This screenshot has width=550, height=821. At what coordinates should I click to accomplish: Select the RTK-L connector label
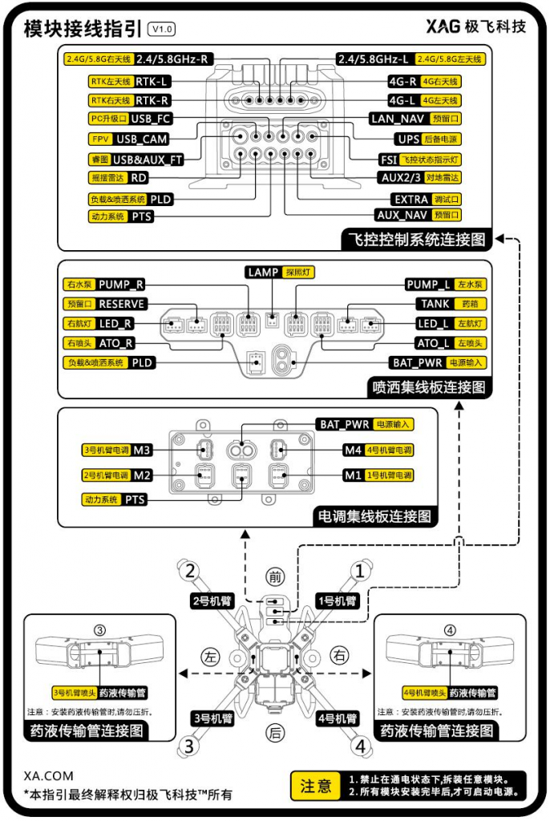click(152, 81)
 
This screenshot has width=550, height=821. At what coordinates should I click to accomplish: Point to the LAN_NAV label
click(397, 119)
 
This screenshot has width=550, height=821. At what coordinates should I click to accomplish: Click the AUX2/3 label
click(402, 177)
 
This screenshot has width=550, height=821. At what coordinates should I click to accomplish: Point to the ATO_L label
click(434, 343)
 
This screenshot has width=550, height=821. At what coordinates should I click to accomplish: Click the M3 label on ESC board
click(142, 450)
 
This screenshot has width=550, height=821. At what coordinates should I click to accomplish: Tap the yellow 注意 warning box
click(315, 786)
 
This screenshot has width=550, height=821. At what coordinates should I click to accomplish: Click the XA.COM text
click(49, 776)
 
